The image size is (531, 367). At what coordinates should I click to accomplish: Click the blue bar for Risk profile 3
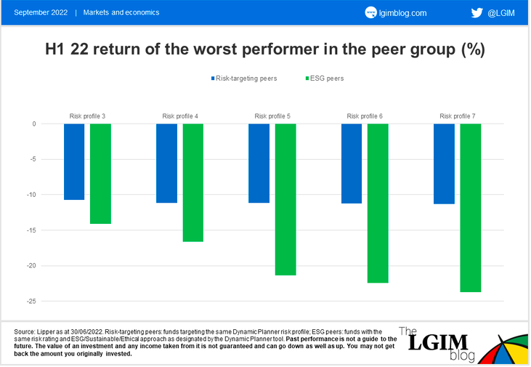tap(74, 161)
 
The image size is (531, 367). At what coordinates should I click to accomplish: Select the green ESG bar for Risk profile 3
tap(100, 174)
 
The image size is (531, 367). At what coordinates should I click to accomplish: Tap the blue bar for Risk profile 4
tap(167, 163)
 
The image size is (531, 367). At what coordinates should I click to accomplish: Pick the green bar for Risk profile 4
tap(193, 182)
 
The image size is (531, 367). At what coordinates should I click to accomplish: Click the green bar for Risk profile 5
tap(285, 199)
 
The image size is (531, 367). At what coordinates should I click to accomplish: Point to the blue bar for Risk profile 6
tap(352, 164)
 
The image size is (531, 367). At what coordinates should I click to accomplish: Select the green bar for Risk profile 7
tap(471, 208)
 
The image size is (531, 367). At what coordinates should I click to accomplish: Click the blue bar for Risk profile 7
tap(445, 164)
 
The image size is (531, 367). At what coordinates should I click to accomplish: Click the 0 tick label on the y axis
tap(33, 124)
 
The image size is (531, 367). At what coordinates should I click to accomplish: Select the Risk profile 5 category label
tap(272, 116)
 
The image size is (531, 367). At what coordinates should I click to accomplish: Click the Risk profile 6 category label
tap(365, 116)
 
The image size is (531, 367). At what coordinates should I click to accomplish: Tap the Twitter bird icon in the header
tap(477, 12)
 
